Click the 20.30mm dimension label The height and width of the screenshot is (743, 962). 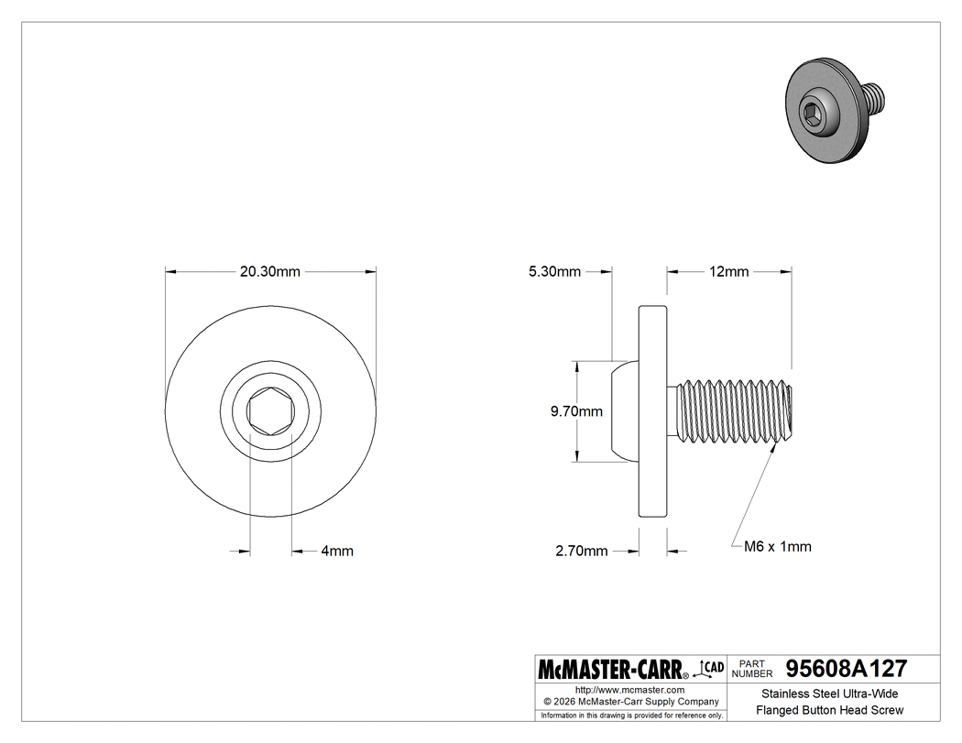(269, 271)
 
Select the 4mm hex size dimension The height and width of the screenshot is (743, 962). (337, 551)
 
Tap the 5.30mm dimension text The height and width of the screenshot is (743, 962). (554, 271)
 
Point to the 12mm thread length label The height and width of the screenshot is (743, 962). (728, 271)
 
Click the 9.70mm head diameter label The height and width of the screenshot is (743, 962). (576, 411)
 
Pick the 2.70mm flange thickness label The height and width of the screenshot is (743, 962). (581, 551)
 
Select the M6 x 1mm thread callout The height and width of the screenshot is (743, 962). (776, 546)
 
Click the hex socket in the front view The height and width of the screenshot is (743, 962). (270, 411)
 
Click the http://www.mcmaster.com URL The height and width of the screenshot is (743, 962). (629, 689)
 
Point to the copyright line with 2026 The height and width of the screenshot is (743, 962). (631, 701)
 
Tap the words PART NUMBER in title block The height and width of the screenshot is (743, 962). (751, 668)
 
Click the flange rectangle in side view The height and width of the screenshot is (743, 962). (652, 411)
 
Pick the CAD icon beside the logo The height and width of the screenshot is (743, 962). (711, 667)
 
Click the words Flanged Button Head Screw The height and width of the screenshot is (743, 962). (829, 710)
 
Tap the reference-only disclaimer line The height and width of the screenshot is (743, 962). (631, 715)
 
